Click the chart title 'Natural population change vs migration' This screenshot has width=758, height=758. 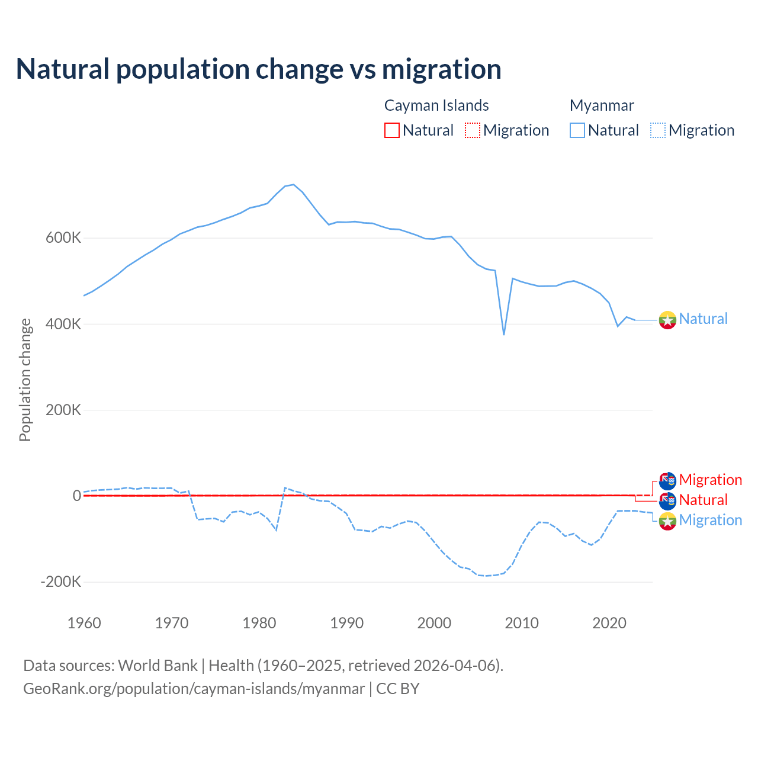tap(259, 69)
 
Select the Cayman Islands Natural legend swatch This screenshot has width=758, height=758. tap(392, 130)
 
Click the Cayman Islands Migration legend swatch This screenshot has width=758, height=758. tap(473, 130)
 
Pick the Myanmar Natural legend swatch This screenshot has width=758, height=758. tap(577, 130)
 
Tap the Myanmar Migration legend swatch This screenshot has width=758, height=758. tap(658, 130)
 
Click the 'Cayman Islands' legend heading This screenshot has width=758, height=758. tap(436, 105)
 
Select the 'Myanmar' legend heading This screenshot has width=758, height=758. tap(602, 105)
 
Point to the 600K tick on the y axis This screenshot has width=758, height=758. tap(63, 238)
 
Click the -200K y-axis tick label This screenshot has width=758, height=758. tap(60, 582)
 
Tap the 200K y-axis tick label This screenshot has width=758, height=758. tap(63, 410)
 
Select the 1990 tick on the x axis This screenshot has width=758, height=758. tap(347, 623)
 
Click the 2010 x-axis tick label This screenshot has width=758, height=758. tap(522, 623)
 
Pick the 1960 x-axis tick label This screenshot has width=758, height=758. tap(85, 623)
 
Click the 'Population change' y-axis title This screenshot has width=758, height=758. tap(25, 380)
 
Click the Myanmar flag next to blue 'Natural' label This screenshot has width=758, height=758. tap(667, 320)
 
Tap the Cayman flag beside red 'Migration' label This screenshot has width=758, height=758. tap(667, 481)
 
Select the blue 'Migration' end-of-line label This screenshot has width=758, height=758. tap(710, 520)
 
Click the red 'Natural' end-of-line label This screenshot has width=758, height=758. tap(703, 500)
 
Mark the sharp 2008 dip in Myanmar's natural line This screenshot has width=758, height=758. tap(504, 334)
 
